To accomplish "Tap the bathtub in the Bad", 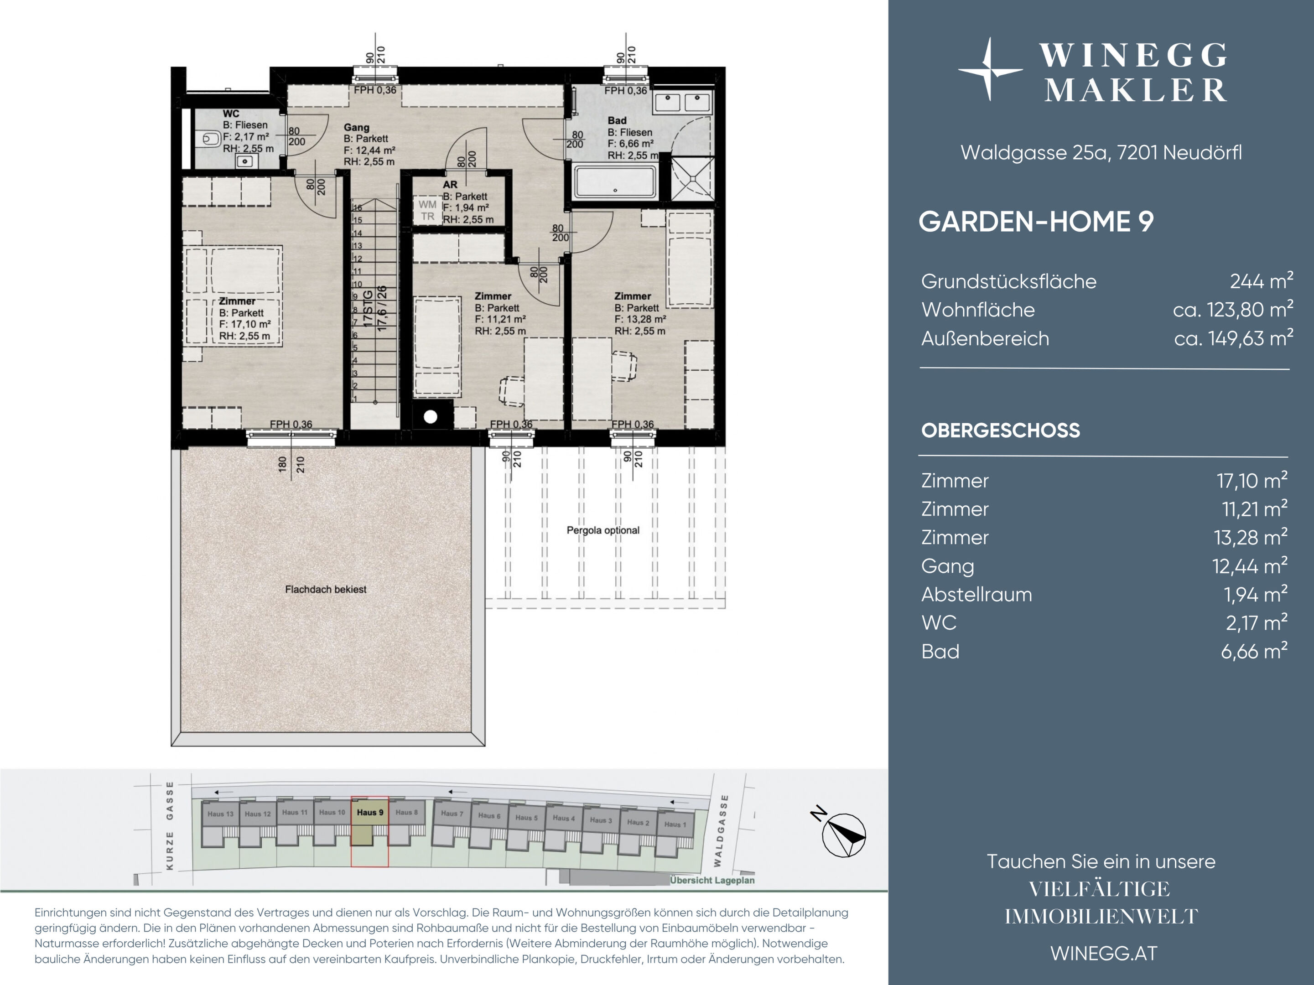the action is click(x=615, y=182).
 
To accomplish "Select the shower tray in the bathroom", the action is click(x=692, y=178).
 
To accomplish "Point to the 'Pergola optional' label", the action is click(x=603, y=530).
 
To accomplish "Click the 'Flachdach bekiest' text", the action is click(x=326, y=589).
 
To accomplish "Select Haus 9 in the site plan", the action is click(x=369, y=812).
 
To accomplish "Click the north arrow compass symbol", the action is click(x=843, y=835).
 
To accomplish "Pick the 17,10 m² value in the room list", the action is click(x=1252, y=480).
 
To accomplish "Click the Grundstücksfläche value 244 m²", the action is click(x=1261, y=281).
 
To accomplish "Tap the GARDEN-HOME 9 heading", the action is click(x=1036, y=222).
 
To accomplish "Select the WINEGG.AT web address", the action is click(x=1104, y=954).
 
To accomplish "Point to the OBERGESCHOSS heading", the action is click(x=1000, y=430).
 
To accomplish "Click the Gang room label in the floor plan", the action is click(x=356, y=127).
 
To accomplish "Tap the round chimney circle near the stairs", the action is click(x=431, y=417).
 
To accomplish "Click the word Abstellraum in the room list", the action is click(x=976, y=594).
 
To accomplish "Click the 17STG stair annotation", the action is click(x=368, y=308).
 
